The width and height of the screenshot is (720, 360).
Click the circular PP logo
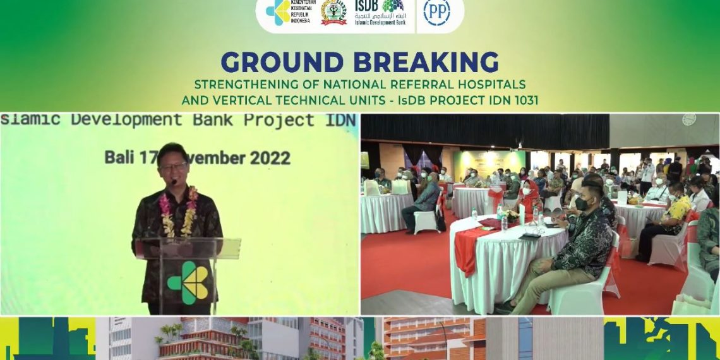pyautogui.click(x=436, y=13)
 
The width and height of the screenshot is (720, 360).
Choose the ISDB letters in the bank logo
pyautogui.click(x=368, y=6)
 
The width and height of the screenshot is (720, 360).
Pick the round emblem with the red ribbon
pyautogui.click(x=333, y=13)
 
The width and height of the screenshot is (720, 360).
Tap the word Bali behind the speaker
pyautogui.click(x=117, y=157)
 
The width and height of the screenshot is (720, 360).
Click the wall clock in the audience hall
pyautogui.click(x=688, y=119)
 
